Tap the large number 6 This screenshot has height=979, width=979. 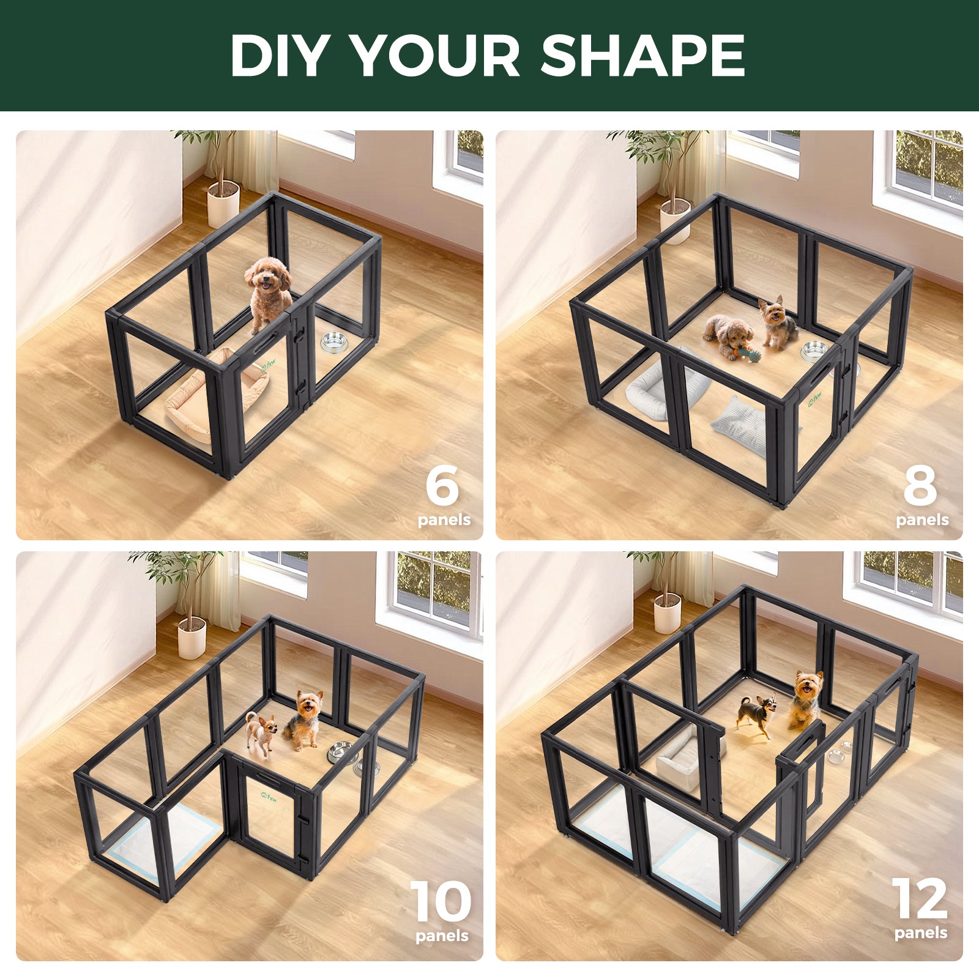pos(442,485)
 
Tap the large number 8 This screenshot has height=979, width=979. pos(920,485)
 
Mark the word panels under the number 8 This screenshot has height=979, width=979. pos(922,520)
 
